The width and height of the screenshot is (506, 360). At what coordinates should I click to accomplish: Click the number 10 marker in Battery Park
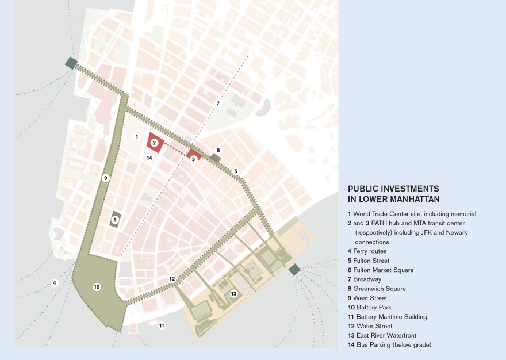97,286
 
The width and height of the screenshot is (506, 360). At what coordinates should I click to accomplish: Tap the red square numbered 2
154,143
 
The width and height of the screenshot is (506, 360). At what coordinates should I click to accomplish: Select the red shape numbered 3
194,159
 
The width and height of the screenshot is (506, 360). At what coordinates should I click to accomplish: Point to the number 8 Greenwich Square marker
115,219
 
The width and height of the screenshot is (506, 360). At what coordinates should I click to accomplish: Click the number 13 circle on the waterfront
233,293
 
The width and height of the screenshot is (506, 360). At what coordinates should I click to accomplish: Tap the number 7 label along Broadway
218,104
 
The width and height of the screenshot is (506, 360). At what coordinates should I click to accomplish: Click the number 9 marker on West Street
105,178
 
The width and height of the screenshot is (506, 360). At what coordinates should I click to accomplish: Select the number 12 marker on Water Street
172,279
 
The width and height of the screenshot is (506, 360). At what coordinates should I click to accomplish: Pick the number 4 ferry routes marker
54,282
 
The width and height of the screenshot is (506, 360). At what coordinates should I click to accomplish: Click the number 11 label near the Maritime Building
162,325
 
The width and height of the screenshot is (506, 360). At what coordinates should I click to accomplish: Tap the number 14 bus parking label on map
149,158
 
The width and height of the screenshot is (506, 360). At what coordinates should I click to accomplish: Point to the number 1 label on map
137,136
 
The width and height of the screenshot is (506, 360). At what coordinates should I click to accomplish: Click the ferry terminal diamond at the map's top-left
71,63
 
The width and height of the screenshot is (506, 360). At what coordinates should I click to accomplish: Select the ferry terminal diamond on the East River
294,269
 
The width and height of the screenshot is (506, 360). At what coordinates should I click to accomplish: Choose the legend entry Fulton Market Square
380,270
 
